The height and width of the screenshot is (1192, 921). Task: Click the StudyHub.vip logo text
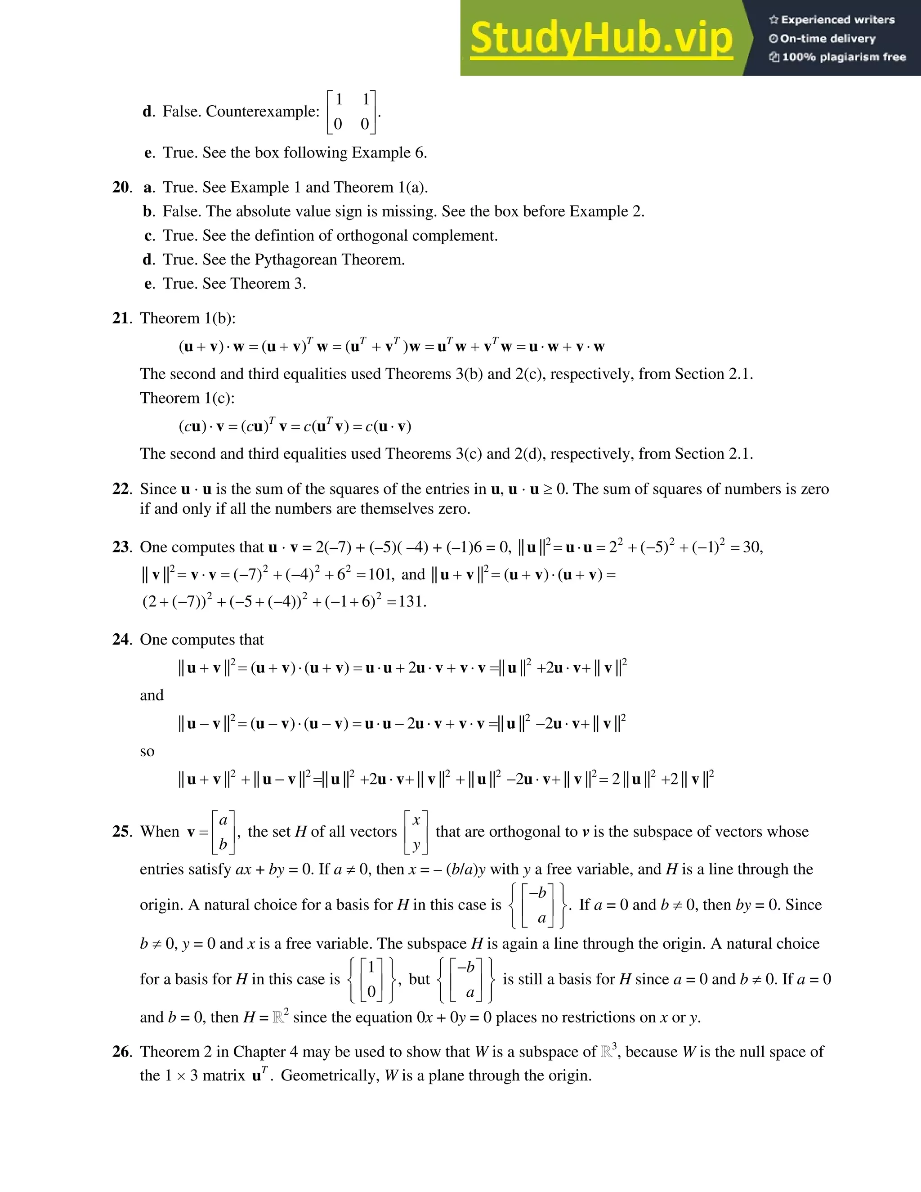pyautogui.click(x=601, y=38)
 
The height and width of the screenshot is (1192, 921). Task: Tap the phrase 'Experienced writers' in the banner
pyautogui.click(x=837, y=20)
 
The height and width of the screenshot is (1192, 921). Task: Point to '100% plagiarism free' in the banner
pyautogui.click(x=844, y=57)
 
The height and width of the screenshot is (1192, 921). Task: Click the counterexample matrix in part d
pyautogui.click(x=351, y=112)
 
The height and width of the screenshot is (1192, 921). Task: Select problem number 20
pyautogui.click(x=122, y=187)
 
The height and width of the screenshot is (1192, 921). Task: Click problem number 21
pyautogui.click(x=122, y=318)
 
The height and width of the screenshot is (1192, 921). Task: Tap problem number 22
pyautogui.click(x=122, y=488)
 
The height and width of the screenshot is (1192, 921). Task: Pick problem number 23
pyautogui.click(x=122, y=547)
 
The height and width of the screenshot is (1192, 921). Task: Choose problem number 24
pyautogui.click(x=122, y=639)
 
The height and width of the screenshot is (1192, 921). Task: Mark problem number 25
pyautogui.click(x=122, y=831)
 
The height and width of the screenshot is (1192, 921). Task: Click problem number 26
pyautogui.click(x=122, y=1052)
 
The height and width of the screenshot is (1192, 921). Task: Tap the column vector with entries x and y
pyautogui.click(x=416, y=832)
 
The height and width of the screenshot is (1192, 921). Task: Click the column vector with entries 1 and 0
pyautogui.click(x=371, y=979)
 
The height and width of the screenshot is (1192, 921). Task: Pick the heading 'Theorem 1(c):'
pyautogui.click(x=187, y=398)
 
